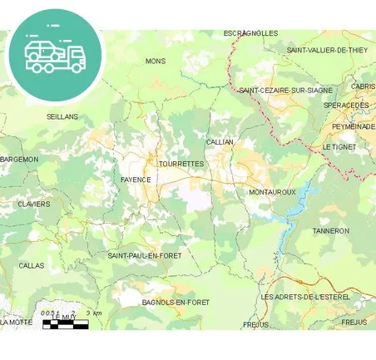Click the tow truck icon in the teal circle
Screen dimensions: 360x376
[x=55, y=56]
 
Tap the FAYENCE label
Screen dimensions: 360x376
[x=136, y=180]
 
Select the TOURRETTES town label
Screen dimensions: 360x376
[x=181, y=164]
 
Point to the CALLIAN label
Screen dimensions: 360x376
[x=220, y=142]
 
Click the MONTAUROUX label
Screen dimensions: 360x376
[x=272, y=192]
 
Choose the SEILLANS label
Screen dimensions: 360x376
[x=62, y=116]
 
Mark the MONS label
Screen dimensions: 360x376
[x=156, y=61]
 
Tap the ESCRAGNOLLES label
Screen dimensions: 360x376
[x=250, y=33]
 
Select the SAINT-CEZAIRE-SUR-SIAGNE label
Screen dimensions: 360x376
[x=285, y=90]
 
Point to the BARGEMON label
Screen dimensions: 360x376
[x=19, y=159]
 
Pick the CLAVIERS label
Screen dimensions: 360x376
[x=34, y=204]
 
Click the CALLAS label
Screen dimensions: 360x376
[x=32, y=265]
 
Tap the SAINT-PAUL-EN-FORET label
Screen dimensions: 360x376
[x=145, y=255]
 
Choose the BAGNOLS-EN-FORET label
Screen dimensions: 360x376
[x=176, y=302]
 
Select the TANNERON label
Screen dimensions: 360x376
[x=331, y=230]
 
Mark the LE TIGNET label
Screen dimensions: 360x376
[x=338, y=146]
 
